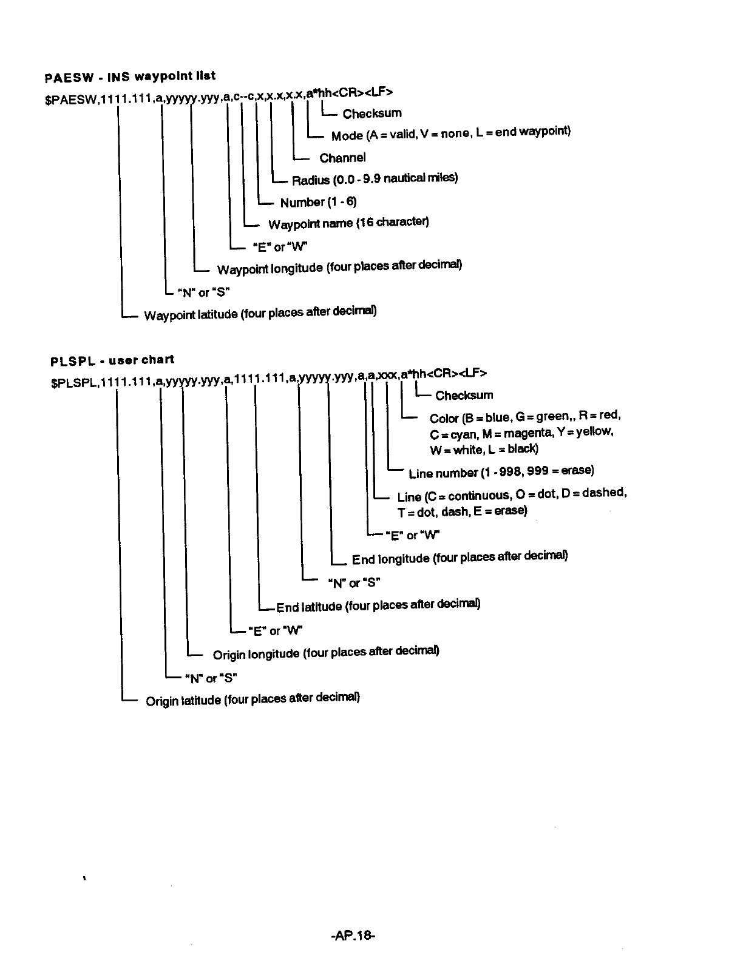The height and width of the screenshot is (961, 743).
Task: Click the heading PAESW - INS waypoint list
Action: pyautogui.click(x=130, y=77)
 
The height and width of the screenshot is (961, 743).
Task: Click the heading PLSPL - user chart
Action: pyautogui.click(x=112, y=360)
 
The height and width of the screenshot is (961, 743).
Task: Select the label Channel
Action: pyautogui.click(x=342, y=158)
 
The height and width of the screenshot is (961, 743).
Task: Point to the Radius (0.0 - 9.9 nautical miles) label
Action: pyautogui.click(x=375, y=179)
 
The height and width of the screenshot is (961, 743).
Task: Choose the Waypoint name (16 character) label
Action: pyautogui.click(x=348, y=223)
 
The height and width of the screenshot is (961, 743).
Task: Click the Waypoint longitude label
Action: pyautogui.click(x=339, y=268)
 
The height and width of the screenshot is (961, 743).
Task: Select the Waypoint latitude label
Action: pyautogui.click(x=260, y=314)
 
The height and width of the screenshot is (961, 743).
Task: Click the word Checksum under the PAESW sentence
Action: pyautogui.click(x=371, y=113)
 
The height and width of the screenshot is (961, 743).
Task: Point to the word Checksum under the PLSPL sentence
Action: pyautogui.click(x=464, y=396)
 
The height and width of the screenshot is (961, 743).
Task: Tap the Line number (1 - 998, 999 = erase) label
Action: pyautogui.click(x=501, y=472)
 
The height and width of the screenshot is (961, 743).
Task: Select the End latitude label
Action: pyautogui.click(x=378, y=605)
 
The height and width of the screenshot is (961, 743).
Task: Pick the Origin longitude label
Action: pyautogui.click(x=325, y=653)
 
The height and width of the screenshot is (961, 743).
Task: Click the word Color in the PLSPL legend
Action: pyautogui.click(x=444, y=419)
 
